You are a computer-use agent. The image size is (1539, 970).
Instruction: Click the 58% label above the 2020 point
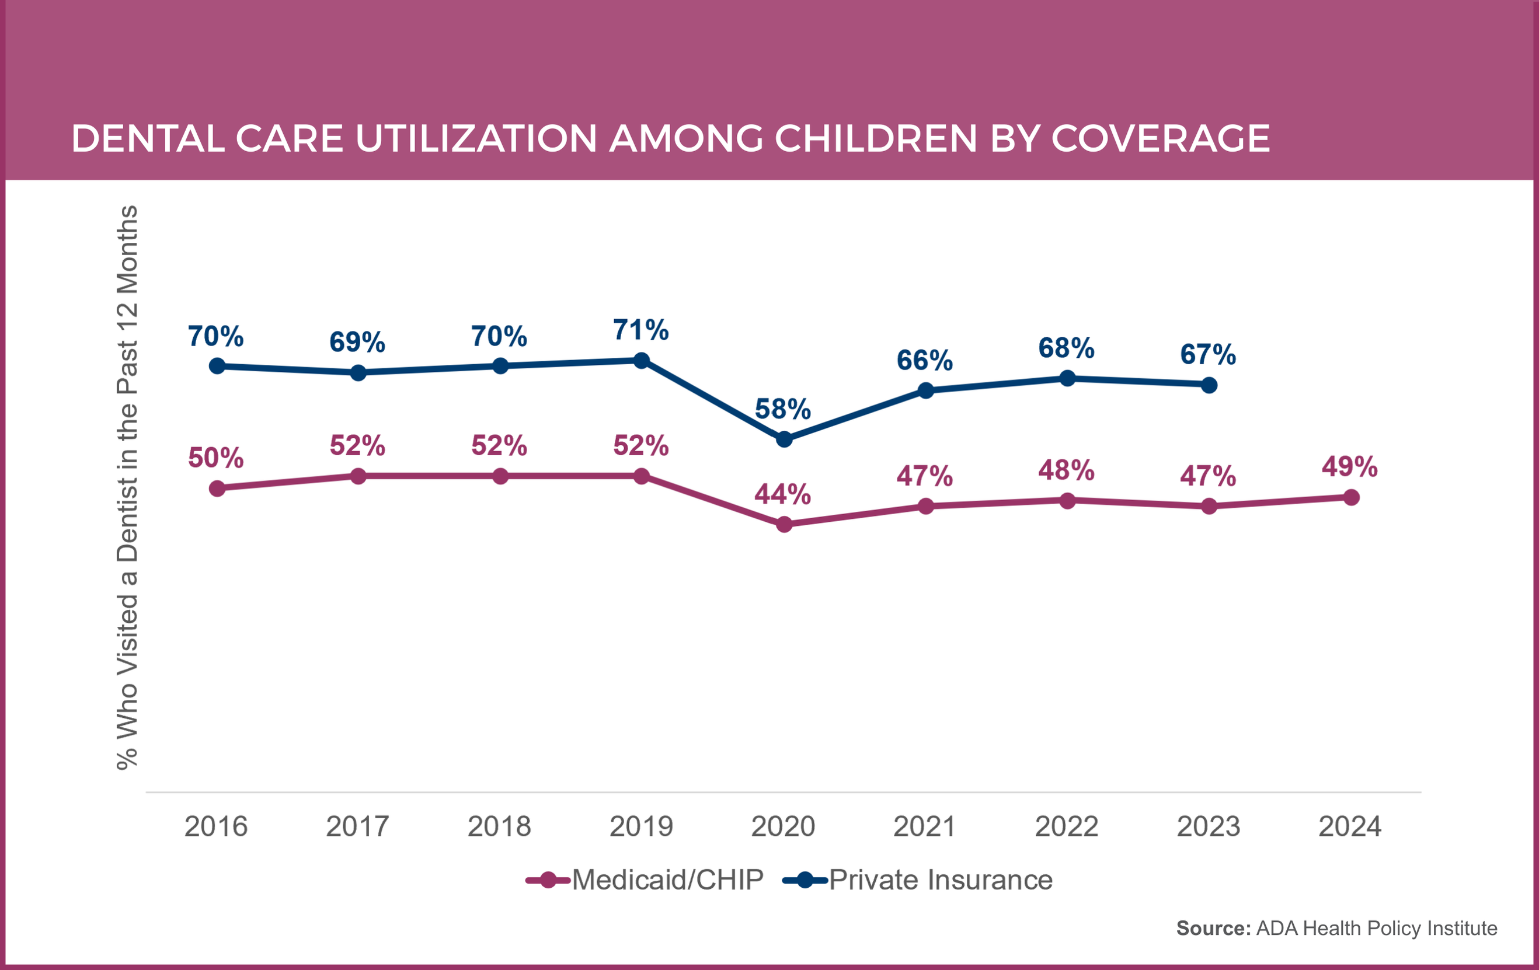pos(783,409)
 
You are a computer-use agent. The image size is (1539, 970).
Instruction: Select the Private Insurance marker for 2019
pos(642,361)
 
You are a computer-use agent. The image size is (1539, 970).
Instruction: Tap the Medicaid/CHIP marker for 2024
pos(1351,497)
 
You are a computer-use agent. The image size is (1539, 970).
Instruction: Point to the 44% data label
pos(783,494)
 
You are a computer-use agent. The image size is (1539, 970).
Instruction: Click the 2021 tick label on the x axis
pos(925,826)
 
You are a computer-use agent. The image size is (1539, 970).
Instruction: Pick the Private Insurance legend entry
pos(918,880)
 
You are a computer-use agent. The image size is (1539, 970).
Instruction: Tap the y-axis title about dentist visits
pos(127,487)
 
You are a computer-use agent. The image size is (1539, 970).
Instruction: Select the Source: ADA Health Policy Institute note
pos(1336,928)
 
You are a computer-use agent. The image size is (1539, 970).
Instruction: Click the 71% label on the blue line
pos(641,330)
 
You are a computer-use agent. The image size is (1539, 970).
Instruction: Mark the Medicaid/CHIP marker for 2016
pos(217,488)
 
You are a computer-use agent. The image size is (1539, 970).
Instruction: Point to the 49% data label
pos(1350,466)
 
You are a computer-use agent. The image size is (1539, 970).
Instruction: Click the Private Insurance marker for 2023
pos(1209,385)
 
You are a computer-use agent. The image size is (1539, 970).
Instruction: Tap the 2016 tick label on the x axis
pos(216,826)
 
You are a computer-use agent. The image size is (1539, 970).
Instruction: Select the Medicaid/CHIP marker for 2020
pos(784,525)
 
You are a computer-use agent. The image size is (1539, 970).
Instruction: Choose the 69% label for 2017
pos(357,343)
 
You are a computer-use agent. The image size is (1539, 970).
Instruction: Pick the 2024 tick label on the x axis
pos(1350,826)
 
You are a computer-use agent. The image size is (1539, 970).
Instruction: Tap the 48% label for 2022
pos(1066,470)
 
